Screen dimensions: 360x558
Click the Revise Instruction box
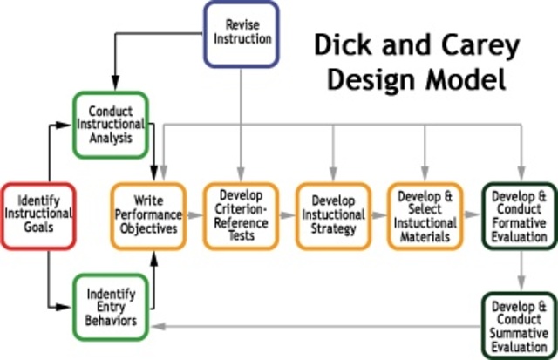tap(241, 33)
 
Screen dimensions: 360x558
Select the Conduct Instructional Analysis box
tap(110, 124)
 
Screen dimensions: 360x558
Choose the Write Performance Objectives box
tap(147, 215)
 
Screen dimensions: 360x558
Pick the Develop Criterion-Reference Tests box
tap(241, 215)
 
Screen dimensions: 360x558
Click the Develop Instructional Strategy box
tap(332, 215)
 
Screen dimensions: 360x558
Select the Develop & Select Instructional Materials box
tap(425, 215)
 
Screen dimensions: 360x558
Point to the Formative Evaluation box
tap(519, 215)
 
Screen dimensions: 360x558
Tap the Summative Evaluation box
tap(519, 325)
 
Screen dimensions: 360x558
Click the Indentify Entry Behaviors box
tap(110, 307)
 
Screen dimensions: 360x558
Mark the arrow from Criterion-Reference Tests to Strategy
tap(287, 214)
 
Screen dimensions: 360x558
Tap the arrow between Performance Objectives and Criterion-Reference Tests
tap(195, 214)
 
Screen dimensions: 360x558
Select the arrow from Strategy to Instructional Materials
tap(378, 214)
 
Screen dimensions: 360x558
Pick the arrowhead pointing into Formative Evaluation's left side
tap(476, 214)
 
